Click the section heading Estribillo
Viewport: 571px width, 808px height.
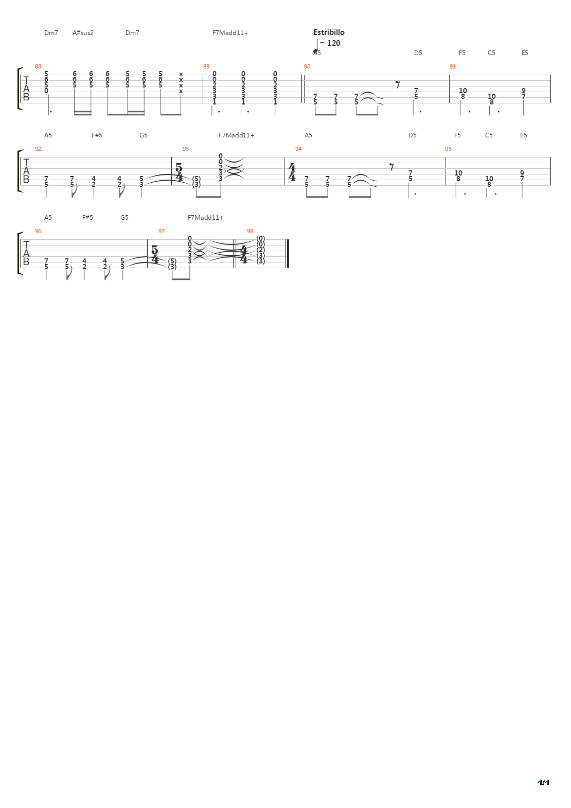click(329, 32)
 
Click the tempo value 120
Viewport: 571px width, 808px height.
click(333, 43)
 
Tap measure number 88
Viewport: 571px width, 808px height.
click(38, 66)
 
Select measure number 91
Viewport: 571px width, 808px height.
click(452, 66)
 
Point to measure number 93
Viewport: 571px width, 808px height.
click(186, 149)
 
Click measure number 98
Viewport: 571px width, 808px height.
click(250, 231)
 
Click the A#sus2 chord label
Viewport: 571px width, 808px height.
click(83, 33)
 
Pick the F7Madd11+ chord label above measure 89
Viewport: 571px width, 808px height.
click(230, 33)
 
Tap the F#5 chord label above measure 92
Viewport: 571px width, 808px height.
click(97, 135)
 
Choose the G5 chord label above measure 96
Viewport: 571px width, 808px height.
click(124, 218)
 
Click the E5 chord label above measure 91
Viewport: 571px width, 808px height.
click(525, 53)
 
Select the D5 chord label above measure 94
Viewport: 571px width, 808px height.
click(413, 135)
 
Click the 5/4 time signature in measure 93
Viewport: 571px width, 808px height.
click(179, 172)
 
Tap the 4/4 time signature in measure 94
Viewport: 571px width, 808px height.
click(292, 172)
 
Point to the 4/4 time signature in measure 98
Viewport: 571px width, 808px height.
click(244, 254)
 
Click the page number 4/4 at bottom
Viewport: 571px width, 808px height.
click(543, 782)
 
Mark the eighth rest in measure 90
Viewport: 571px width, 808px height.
click(398, 85)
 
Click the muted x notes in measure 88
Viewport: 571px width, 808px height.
click(181, 83)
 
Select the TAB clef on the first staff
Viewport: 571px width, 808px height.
click(26, 89)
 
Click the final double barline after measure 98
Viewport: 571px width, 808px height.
click(288, 254)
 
